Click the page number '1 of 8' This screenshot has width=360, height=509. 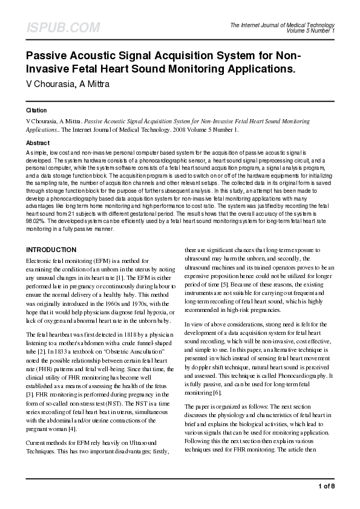[x=326, y=486]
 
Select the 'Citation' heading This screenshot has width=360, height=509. [x=37, y=111]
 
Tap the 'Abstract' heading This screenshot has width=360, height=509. [x=38, y=143]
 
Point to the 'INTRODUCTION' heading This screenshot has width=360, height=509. [x=51, y=250]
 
